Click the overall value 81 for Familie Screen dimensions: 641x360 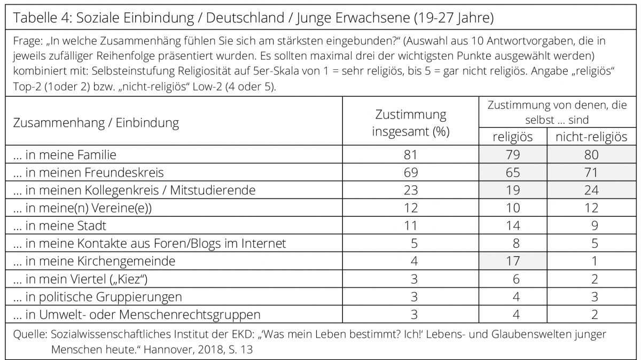411,154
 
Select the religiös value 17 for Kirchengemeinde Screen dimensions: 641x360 513,261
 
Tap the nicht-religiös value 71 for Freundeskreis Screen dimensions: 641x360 591,173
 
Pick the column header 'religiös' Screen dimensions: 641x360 512,137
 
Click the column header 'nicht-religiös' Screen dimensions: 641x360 591,137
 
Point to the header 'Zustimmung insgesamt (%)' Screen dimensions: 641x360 411,123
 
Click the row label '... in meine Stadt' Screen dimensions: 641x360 60,225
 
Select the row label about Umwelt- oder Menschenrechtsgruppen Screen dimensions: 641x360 137,314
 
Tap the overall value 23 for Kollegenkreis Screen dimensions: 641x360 411,190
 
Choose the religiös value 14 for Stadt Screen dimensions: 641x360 513,225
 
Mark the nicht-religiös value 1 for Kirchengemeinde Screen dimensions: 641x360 595,261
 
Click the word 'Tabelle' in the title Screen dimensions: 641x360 35,18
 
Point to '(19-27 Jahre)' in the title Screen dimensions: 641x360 454,18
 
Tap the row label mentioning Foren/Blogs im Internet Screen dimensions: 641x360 150,243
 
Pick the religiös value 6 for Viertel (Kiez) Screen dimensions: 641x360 516,279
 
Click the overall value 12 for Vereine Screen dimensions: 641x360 411,208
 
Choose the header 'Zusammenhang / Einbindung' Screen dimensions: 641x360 96,123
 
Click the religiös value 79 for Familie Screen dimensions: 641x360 513,154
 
